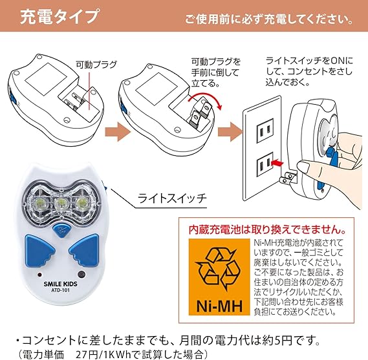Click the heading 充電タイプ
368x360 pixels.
click(60, 16)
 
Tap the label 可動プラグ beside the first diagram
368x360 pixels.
click(96, 64)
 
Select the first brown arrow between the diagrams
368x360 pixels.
click(117, 132)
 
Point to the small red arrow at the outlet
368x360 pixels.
click(277, 162)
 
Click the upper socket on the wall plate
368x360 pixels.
click(265, 131)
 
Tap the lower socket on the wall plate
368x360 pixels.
click(265, 164)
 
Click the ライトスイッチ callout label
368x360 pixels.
click(172, 198)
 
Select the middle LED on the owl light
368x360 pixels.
click(61, 202)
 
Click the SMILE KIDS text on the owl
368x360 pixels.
click(60, 284)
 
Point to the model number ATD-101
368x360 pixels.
click(60, 290)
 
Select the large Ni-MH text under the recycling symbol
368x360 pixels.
click(219, 306)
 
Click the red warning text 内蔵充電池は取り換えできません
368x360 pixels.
click(267, 229)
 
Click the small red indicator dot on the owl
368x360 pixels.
click(39, 275)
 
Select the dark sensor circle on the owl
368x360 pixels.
click(81, 275)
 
